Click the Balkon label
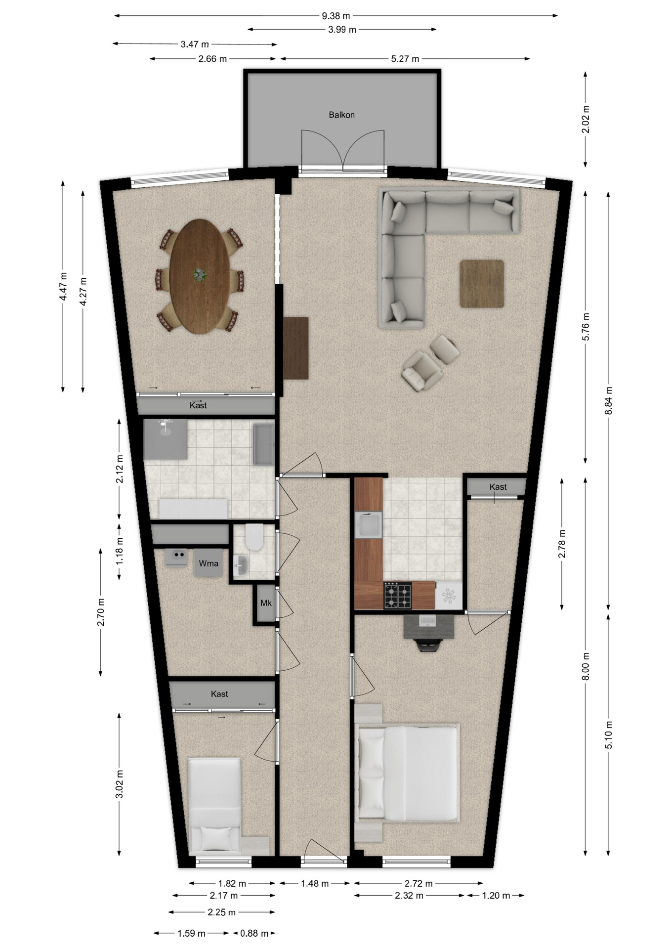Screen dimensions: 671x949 pyautogui.click(x=341, y=115)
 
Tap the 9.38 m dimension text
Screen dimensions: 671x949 pyautogui.click(x=336, y=16)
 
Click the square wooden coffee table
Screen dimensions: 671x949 pyautogui.click(x=482, y=284)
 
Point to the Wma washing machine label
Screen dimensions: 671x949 pyautogui.click(x=209, y=563)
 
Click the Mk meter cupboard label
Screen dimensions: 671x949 pyautogui.click(x=266, y=603)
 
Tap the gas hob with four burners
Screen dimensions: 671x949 pyautogui.click(x=398, y=596)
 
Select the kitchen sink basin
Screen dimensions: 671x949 pyautogui.click(x=368, y=525)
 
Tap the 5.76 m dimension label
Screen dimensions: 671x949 pyautogui.click(x=586, y=327)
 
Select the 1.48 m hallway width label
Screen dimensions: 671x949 pyautogui.click(x=315, y=883)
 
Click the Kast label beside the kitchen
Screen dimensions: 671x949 pyautogui.click(x=498, y=487)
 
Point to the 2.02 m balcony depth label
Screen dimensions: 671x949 pyautogui.click(x=586, y=119)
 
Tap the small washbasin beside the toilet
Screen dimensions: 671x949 pyautogui.click(x=241, y=564)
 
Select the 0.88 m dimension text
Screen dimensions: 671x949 pyautogui.click(x=254, y=933)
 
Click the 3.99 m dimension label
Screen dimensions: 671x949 pyautogui.click(x=342, y=30)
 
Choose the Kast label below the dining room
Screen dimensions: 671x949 pyautogui.click(x=198, y=405)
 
